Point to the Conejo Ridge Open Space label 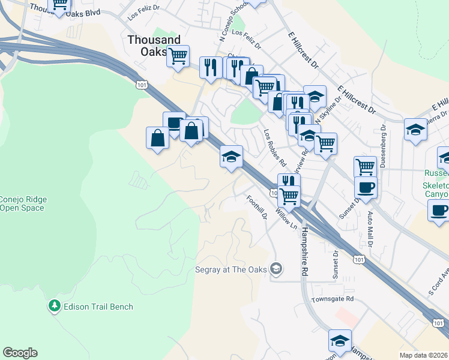click(x=23, y=204)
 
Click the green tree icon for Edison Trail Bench click(x=55, y=306)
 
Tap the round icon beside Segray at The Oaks click(x=276, y=269)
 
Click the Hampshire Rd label click(x=305, y=252)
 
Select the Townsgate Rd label click(x=332, y=299)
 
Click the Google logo click(x=20, y=353)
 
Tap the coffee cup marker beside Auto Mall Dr click(x=366, y=187)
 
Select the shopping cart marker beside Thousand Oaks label click(x=178, y=56)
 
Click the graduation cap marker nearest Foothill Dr click(x=231, y=157)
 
